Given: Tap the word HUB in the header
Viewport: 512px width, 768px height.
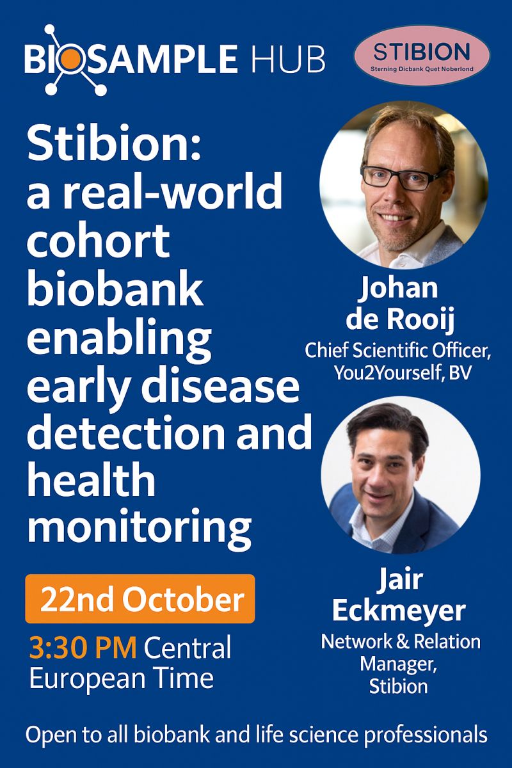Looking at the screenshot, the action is pyautogui.click(x=288, y=59).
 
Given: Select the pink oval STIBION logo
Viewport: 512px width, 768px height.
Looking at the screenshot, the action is pyautogui.click(x=422, y=56).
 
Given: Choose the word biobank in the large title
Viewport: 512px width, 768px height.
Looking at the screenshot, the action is pyautogui.click(x=115, y=287).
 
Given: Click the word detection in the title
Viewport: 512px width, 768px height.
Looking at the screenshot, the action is pyautogui.click(x=126, y=431).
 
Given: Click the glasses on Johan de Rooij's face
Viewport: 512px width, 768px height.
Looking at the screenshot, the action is pyautogui.click(x=404, y=178).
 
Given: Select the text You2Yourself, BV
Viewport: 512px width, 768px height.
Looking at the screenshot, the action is pyautogui.click(x=403, y=373).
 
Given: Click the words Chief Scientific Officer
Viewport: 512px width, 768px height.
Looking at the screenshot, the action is pyautogui.click(x=396, y=351).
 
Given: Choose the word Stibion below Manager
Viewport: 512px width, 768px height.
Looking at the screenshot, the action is pyautogui.click(x=399, y=686).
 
